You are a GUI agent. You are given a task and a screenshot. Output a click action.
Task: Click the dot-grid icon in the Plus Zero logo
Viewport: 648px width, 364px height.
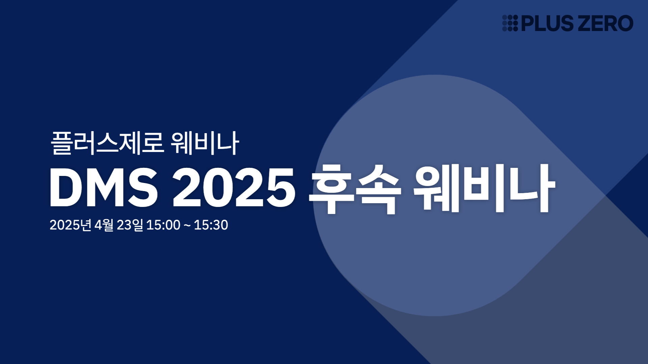(510, 23)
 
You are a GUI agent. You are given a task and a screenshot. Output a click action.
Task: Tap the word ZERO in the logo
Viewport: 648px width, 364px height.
(606, 23)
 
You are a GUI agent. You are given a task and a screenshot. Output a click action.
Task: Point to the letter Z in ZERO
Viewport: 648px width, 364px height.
(586, 23)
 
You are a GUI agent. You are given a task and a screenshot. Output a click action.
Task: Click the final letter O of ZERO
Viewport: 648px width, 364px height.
(625, 23)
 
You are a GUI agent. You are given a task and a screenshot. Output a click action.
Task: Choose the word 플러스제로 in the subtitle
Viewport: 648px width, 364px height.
(107, 143)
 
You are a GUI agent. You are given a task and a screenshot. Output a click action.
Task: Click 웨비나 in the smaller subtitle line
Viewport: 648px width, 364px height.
(205, 143)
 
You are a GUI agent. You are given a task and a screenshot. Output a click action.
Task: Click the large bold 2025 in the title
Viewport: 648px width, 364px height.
(234, 187)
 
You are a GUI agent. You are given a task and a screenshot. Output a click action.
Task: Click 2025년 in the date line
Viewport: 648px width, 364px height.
(71, 225)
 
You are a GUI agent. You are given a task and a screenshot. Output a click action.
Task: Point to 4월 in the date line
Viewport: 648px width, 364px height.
(104, 225)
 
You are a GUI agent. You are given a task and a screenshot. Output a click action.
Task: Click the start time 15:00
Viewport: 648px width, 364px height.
(163, 225)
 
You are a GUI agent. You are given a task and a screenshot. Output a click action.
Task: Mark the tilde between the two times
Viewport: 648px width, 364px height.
(187, 225)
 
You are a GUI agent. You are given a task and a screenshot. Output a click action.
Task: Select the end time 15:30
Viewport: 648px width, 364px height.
(211, 225)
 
